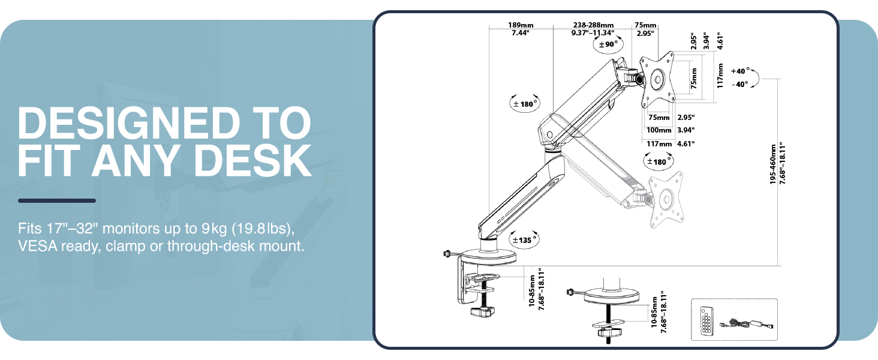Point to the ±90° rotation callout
[606, 44]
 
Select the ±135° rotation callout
[524, 240]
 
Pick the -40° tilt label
[739, 85]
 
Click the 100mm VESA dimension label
[659, 130]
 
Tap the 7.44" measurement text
[519, 34]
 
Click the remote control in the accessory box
[708, 320]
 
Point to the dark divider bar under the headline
[57, 200]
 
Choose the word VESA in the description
[35, 245]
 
